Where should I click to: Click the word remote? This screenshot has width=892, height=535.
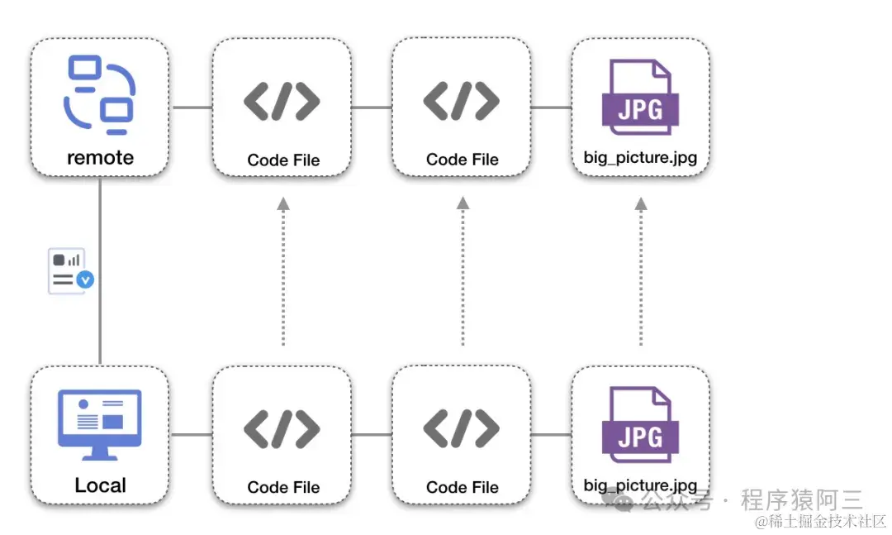point(100,157)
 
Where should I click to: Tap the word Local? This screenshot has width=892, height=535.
point(100,485)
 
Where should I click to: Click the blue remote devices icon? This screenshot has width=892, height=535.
point(99,94)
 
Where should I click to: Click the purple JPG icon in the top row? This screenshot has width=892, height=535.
point(640,98)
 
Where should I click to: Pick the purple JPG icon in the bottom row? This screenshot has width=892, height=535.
point(640,425)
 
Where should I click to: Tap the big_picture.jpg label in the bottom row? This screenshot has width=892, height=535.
point(640,485)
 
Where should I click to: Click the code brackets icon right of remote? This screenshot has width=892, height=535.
point(282,101)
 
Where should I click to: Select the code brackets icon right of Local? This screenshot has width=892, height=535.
point(282,428)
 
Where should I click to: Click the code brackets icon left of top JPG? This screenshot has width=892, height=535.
point(461,101)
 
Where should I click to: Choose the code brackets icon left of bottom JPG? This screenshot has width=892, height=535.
point(461,428)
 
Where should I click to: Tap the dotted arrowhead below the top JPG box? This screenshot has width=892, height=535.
point(641,203)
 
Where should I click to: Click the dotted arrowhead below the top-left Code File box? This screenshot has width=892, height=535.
point(282,203)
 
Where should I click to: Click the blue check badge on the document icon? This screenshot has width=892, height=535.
point(85,280)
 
